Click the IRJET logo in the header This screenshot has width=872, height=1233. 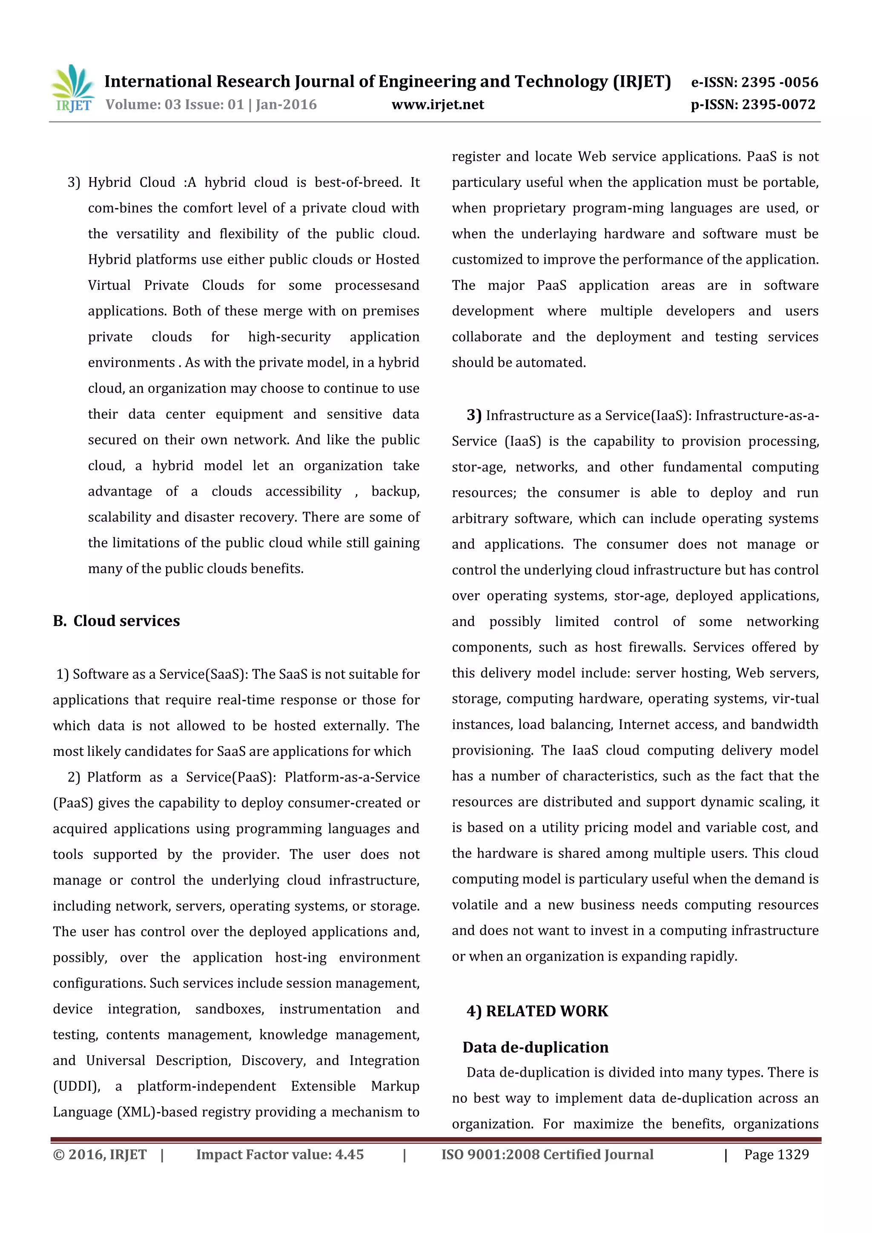pos(72,89)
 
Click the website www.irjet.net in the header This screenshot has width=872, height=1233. pos(437,105)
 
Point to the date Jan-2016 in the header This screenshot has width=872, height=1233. pos(286,105)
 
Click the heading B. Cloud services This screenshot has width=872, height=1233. pos(116,621)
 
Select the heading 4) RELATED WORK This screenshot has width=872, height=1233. pos(537,1011)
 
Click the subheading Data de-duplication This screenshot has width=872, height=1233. pos(535,1047)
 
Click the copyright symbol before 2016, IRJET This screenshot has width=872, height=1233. pos(58,1155)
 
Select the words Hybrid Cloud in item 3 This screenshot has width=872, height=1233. pos(132,183)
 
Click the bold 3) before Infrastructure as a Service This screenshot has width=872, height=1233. pos(474,415)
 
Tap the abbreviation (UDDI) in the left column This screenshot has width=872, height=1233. pos(76,1087)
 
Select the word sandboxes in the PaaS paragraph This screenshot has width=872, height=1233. pos(229,1009)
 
